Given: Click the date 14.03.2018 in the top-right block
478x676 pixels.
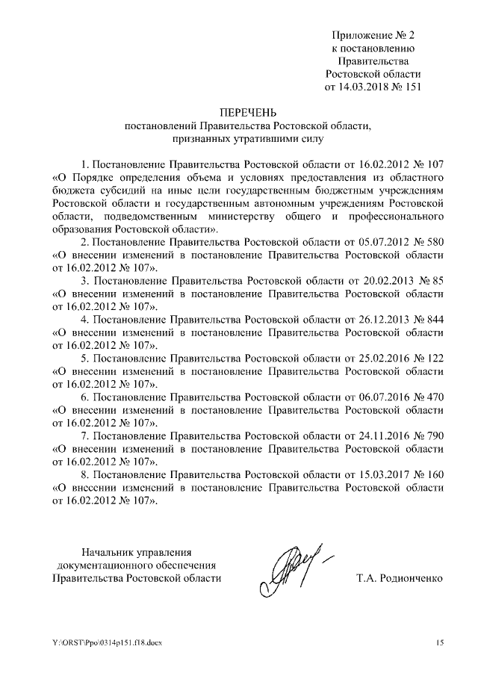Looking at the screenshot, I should pos(367,87).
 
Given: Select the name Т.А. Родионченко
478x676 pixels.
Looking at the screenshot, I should pos(401,578).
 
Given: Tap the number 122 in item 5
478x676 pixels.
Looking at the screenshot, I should pos(434,358).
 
